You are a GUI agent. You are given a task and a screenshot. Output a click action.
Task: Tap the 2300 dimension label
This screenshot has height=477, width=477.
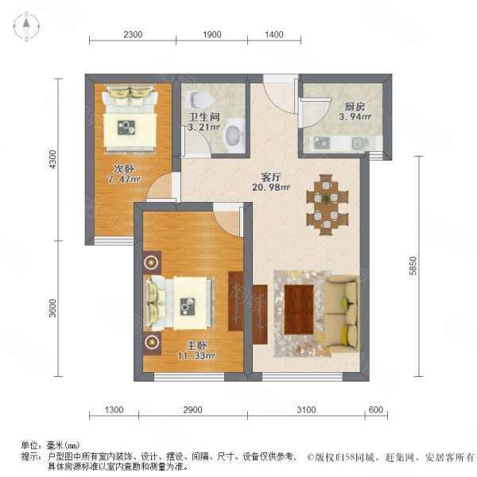coord(132,34)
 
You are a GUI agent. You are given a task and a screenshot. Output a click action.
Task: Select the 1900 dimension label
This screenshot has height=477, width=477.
coord(212,34)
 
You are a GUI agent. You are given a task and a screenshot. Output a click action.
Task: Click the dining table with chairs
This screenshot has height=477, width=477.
coord(325,204)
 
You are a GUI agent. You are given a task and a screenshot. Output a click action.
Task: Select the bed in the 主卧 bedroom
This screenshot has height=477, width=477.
coord(180,302)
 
